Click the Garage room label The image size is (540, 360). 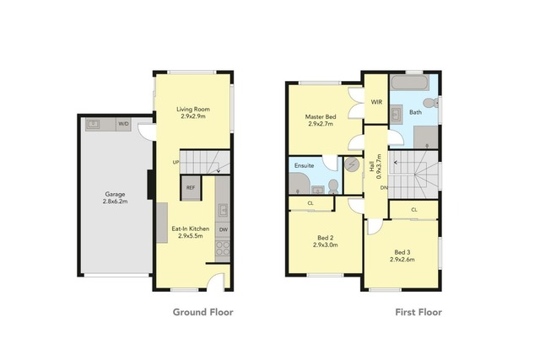(x=115, y=194)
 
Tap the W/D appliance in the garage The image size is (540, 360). (x=123, y=124)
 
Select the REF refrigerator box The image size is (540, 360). (x=191, y=187)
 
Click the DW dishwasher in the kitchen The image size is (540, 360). (x=223, y=229)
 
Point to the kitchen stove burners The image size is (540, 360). (x=223, y=248)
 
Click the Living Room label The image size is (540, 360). (x=193, y=109)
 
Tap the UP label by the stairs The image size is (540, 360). (x=175, y=162)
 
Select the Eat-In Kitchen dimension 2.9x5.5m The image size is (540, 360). (x=191, y=236)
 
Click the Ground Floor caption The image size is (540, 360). (x=203, y=312)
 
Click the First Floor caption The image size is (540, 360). (x=418, y=312)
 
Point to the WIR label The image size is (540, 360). (x=376, y=102)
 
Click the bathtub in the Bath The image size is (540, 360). (x=410, y=83)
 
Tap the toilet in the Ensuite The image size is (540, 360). (x=333, y=186)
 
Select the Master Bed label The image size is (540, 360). (x=321, y=116)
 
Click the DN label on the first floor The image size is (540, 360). (x=384, y=187)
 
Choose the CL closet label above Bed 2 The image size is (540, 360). (x=310, y=203)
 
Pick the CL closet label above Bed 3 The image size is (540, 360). (x=414, y=210)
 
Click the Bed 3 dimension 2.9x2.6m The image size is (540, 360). (x=402, y=260)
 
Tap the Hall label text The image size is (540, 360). (x=372, y=168)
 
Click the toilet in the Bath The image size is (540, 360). (x=430, y=103)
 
